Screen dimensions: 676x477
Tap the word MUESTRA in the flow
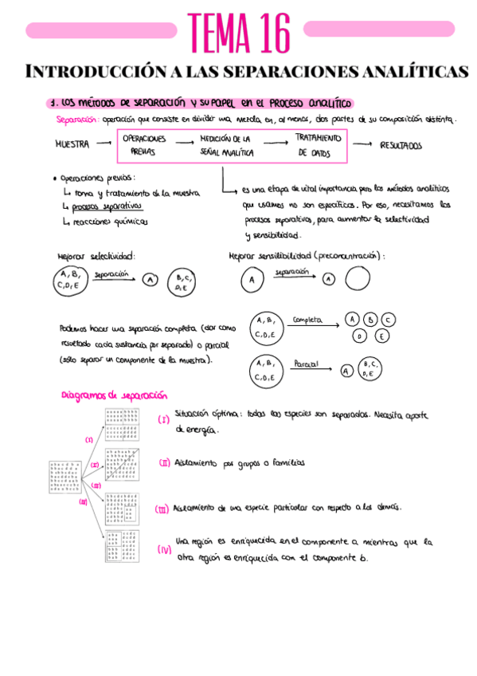point(72,145)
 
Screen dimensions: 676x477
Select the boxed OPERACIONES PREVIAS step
point(145,144)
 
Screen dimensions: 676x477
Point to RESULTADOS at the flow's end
point(401,146)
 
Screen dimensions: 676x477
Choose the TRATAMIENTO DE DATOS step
point(314,145)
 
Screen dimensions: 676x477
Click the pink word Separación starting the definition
point(76,120)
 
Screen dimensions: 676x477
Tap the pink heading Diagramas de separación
point(115,395)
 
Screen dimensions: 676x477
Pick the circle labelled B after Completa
point(369,320)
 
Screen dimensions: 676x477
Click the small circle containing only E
point(381,336)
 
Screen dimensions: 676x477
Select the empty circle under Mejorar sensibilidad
point(358,279)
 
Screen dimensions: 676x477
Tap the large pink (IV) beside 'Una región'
point(164,550)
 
